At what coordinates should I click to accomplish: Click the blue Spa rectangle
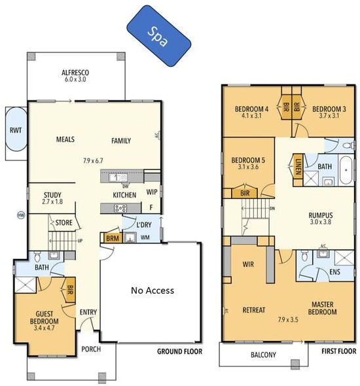point(159,36)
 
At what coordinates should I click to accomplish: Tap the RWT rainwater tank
point(14,130)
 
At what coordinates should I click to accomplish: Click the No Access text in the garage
point(152,290)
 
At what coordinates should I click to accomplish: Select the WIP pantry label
point(151,192)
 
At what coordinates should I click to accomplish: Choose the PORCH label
point(90,349)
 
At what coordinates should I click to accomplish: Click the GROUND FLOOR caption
point(180,351)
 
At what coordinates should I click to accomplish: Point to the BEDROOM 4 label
point(251,109)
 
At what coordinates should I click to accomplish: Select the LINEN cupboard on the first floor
point(280,165)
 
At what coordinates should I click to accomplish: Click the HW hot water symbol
point(20,215)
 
